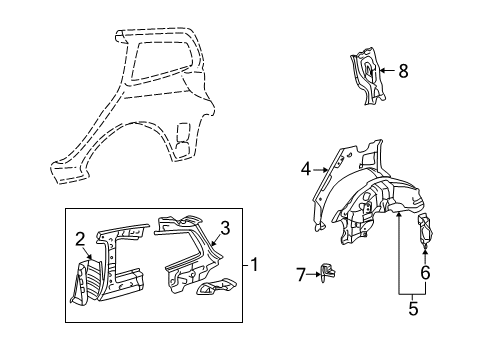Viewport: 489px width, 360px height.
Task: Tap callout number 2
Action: (80, 238)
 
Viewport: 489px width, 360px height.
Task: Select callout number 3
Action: (225, 228)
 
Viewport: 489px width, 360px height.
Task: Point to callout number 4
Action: (306, 169)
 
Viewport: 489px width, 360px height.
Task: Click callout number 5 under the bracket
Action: (413, 310)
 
